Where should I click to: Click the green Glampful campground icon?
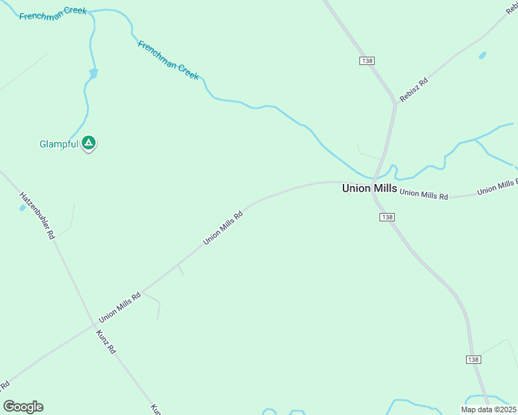pos(89,143)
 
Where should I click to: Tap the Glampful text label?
pos(58,145)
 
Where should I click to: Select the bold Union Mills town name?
pos(370,188)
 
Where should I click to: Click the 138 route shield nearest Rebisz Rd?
pos(367,61)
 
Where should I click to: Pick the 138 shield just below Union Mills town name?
pos(387,217)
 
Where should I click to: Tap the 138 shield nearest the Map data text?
pos(472,360)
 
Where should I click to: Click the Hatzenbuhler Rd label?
pos(37,215)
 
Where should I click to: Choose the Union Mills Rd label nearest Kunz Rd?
pos(120,307)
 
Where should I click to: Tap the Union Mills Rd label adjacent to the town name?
pos(423,194)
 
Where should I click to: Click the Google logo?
pos(23,407)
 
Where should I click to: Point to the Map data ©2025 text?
pos(488,409)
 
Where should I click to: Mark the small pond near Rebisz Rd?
pos(482,55)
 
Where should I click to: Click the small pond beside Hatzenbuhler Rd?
pos(23,207)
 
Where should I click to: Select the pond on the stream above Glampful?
pos(93,73)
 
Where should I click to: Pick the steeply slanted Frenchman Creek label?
pos(168,59)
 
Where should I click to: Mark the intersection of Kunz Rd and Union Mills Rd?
pos(94,324)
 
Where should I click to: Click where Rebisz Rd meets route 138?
pos(395,104)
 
